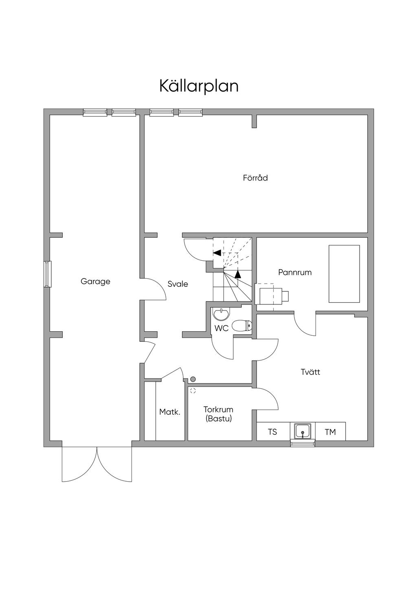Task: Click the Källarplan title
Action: tap(199, 86)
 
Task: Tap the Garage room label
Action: tap(95, 281)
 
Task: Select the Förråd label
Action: tap(255, 178)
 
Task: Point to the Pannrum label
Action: tap(295, 272)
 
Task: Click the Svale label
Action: tap(178, 284)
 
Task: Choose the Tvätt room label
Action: tap(310, 372)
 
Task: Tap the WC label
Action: tap(222, 328)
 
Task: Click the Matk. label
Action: tap(169, 412)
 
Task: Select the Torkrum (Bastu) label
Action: tap(218, 414)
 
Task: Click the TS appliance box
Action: tap(272, 431)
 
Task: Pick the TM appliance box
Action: tap(330, 431)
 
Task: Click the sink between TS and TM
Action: tap(302, 431)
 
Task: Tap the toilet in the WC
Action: tap(242, 326)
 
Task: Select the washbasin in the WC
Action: tap(221, 314)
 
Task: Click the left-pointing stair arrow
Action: tap(217, 253)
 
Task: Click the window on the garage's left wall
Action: tap(48, 274)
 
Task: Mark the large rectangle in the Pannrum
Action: tap(344, 273)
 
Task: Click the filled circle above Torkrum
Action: tap(193, 379)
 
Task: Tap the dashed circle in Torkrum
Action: tap(193, 391)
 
